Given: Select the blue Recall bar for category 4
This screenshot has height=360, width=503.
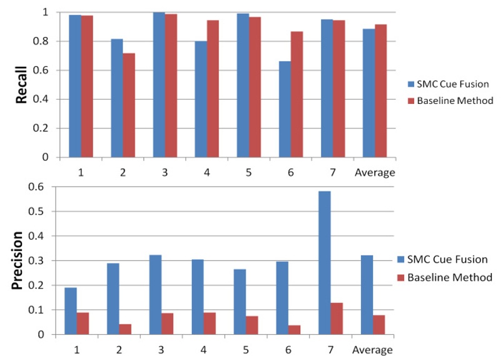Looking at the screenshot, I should click(x=201, y=99).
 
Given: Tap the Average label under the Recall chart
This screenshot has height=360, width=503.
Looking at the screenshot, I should click(x=375, y=173).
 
